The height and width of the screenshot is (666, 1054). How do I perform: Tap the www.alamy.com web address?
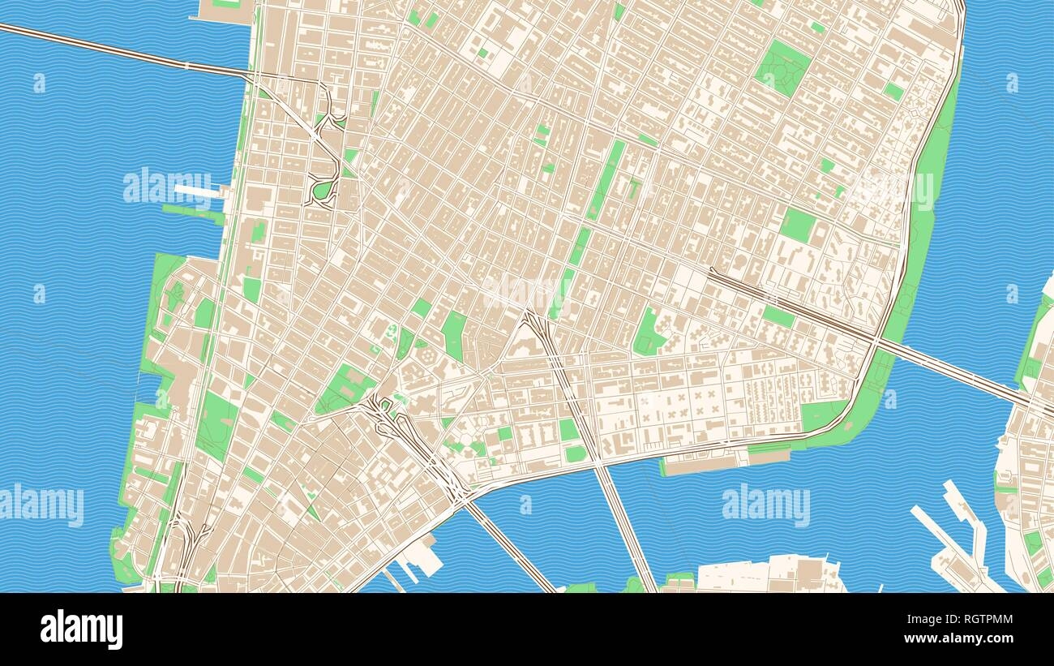[x=965, y=638]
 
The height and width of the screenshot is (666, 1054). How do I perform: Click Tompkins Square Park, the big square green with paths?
[x=782, y=67]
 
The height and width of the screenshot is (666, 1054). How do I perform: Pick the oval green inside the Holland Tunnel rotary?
[x=323, y=190]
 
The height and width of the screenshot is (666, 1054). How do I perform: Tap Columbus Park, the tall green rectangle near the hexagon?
[x=453, y=335]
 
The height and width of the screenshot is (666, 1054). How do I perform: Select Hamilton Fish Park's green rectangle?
[x=798, y=223]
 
